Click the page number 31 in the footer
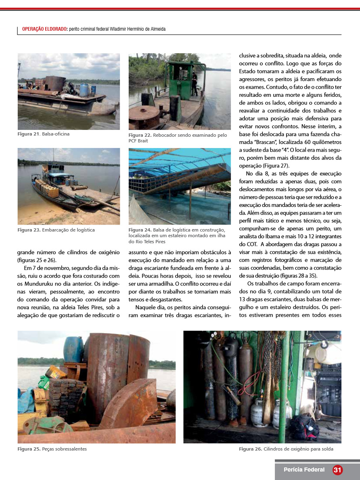click(x=337, y=470)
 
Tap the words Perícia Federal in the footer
click(x=304, y=470)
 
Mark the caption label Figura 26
click(x=250, y=449)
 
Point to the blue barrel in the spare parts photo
click(x=73, y=349)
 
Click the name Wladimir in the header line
click(x=120, y=29)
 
